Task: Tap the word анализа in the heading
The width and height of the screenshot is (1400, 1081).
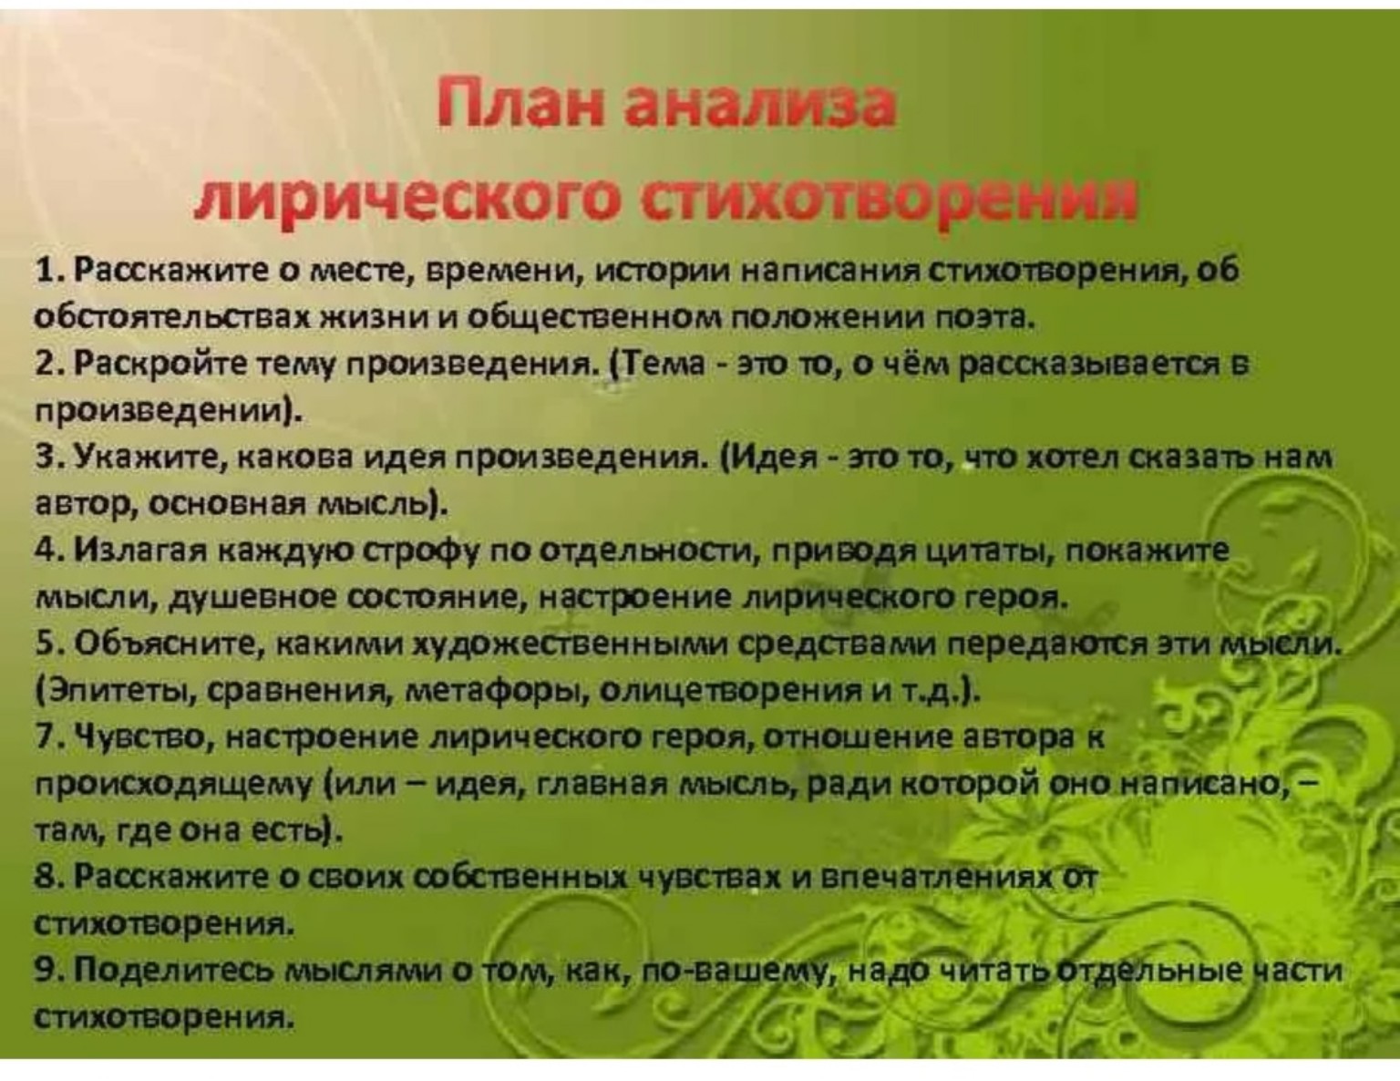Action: [x=759, y=104]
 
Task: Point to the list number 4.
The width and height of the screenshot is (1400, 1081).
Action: [x=46, y=550]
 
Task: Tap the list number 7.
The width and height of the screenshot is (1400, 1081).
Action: [x=46, y=736]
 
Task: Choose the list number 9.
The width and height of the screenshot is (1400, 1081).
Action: [x=46, y=970]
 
